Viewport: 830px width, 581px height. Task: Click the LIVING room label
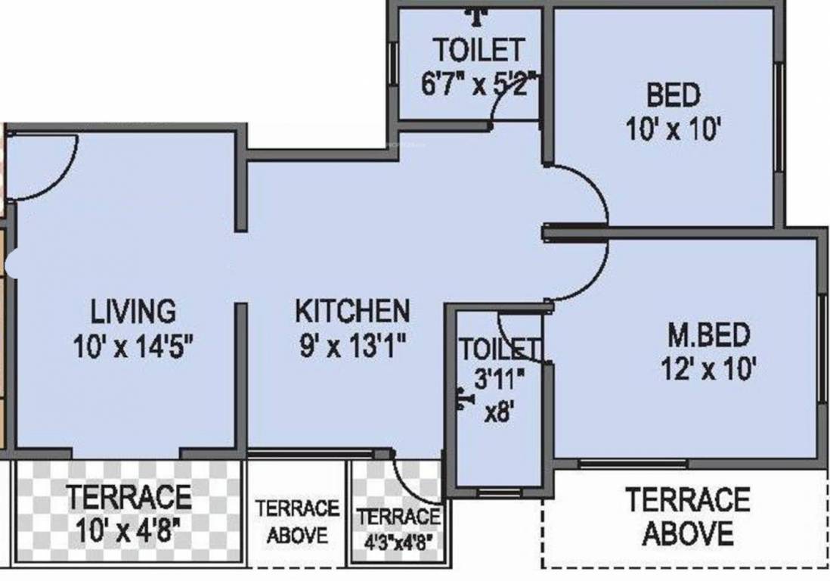coord(133,311)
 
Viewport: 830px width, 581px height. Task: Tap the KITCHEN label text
coord(352,311)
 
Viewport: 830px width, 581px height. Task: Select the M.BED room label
coord(708,334)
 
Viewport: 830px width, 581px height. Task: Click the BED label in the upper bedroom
coord(672,96)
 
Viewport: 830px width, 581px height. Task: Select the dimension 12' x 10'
coord(708,369)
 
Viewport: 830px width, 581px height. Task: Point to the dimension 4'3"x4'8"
coord(398,542)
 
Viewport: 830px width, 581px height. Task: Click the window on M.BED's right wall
coord(821,348)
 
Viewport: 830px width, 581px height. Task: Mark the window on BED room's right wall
coord(779,113)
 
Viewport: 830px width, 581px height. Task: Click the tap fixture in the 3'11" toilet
coord(460,399)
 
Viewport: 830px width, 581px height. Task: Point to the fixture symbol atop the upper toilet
coord(475,13)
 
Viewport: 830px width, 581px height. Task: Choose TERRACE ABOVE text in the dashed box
coord(687,517)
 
